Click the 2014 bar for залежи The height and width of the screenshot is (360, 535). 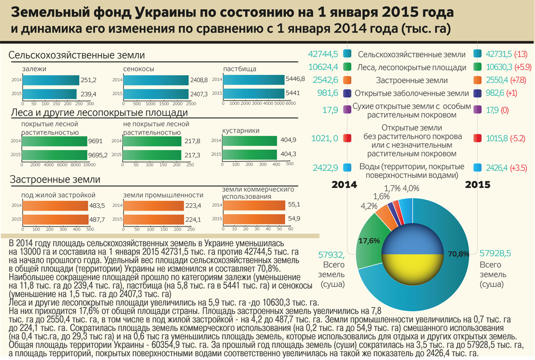point(50,80)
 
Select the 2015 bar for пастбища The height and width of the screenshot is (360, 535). point(253,94)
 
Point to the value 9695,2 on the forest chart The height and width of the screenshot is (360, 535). point(98,155)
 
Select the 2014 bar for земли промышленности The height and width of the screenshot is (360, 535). point(152,205)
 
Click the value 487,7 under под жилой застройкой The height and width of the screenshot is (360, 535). point(100,219)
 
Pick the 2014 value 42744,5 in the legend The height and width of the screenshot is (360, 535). point(323,54)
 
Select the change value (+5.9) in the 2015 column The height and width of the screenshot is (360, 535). point(523,68)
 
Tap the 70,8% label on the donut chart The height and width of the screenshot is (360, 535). point(460,254)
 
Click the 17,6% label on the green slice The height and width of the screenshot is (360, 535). point(369,241)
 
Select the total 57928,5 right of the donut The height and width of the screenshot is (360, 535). point(495,254)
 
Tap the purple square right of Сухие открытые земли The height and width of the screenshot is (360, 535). point(478,110)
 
